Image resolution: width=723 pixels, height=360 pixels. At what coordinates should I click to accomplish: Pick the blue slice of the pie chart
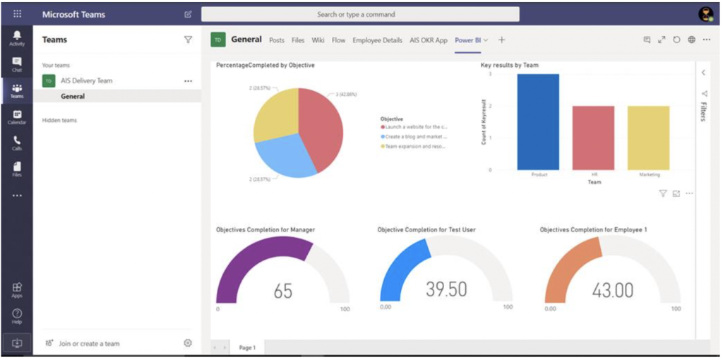point(284,157)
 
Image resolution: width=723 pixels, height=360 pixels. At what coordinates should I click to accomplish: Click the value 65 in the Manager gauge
point(283,291)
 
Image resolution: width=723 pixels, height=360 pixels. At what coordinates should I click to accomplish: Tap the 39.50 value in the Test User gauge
point(446,289)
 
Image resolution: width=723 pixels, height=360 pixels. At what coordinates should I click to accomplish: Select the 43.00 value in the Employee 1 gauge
point(612,289)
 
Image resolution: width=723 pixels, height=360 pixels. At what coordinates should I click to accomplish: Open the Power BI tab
point(468,40)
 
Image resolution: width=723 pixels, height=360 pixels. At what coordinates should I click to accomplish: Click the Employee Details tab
point(377,40)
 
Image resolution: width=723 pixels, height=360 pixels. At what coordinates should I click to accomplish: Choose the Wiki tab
point(318,40)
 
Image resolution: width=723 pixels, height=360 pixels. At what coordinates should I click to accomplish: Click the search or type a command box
point(360,14)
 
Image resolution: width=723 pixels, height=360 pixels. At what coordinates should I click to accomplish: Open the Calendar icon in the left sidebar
point(16,117)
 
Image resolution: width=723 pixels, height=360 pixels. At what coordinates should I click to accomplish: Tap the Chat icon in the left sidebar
point(16,64)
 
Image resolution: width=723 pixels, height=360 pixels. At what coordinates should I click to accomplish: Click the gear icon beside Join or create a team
point(188,343)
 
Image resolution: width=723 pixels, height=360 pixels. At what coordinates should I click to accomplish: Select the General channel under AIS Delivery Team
point(73,97)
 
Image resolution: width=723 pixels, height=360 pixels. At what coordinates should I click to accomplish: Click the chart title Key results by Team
point(509,65)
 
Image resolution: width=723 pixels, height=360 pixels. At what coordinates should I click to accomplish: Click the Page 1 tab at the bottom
point(246,347)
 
